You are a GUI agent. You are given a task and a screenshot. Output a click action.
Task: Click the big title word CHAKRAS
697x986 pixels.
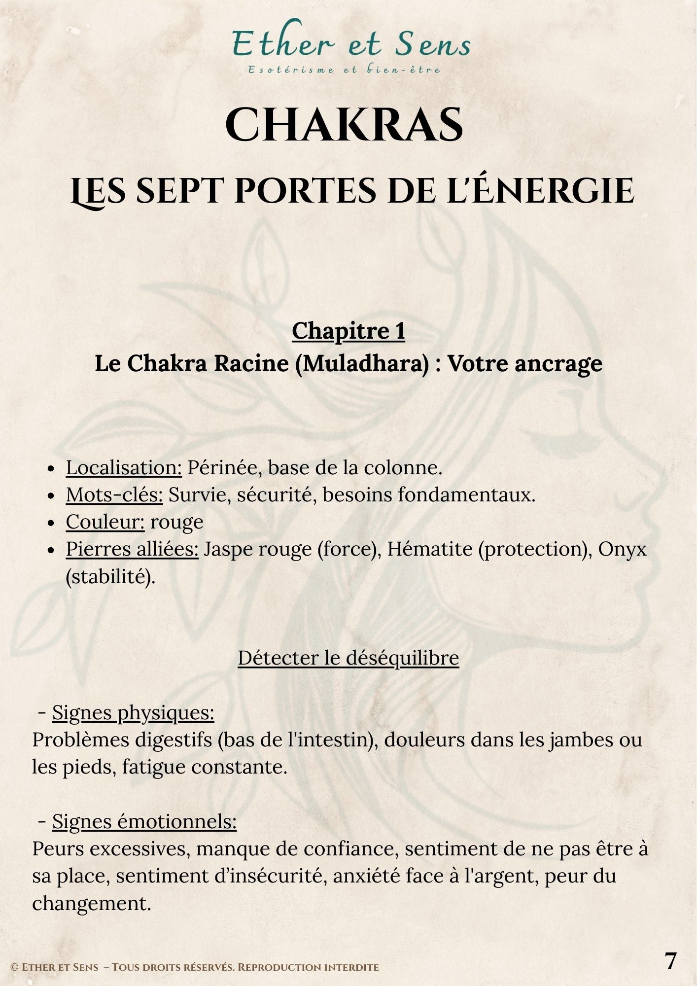[x=344, y=125]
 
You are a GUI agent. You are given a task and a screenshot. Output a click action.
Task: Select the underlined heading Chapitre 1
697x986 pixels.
[x=348, y=331]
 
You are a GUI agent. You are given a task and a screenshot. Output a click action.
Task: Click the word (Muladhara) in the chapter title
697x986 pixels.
[x=362, y=364]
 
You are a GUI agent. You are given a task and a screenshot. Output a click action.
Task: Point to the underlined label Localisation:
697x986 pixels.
[x=124, y=468]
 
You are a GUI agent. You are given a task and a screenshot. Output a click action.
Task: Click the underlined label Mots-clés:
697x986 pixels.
[x=114, y=495]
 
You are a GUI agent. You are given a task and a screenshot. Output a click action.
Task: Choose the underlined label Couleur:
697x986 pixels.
[x=105, y=522]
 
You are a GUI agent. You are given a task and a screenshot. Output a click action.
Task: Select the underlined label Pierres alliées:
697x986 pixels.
[x=132, y=549]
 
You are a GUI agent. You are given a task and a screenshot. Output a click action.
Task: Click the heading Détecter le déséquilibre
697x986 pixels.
[x=348, y=658]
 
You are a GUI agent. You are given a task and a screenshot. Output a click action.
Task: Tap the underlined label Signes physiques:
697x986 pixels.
[x=133, y=713]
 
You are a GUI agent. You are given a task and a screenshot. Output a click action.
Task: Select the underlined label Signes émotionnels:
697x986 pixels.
[x=144, y=821]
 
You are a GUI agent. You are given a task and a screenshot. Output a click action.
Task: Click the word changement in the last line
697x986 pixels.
[x=91, y=903]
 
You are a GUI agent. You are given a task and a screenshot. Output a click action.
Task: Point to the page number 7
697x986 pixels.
[x=671, y=960]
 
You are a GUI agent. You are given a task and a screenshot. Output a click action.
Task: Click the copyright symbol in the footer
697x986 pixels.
[x=14, y=968]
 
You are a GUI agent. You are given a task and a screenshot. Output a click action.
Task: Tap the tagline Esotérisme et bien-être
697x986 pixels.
[x=344, y=70]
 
